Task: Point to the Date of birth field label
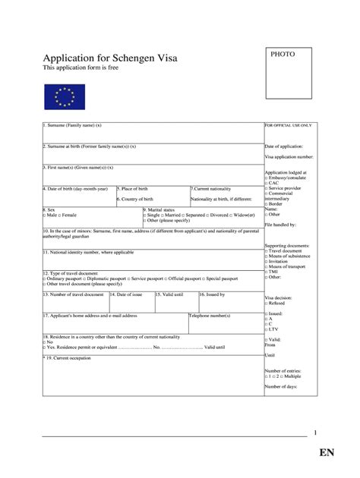[x=76, y=187]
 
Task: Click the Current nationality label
[x=215, y=187]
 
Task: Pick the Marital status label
[x=159, y=209]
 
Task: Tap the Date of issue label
[x=126, y=294]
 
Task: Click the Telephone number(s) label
[x=210, y=314]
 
